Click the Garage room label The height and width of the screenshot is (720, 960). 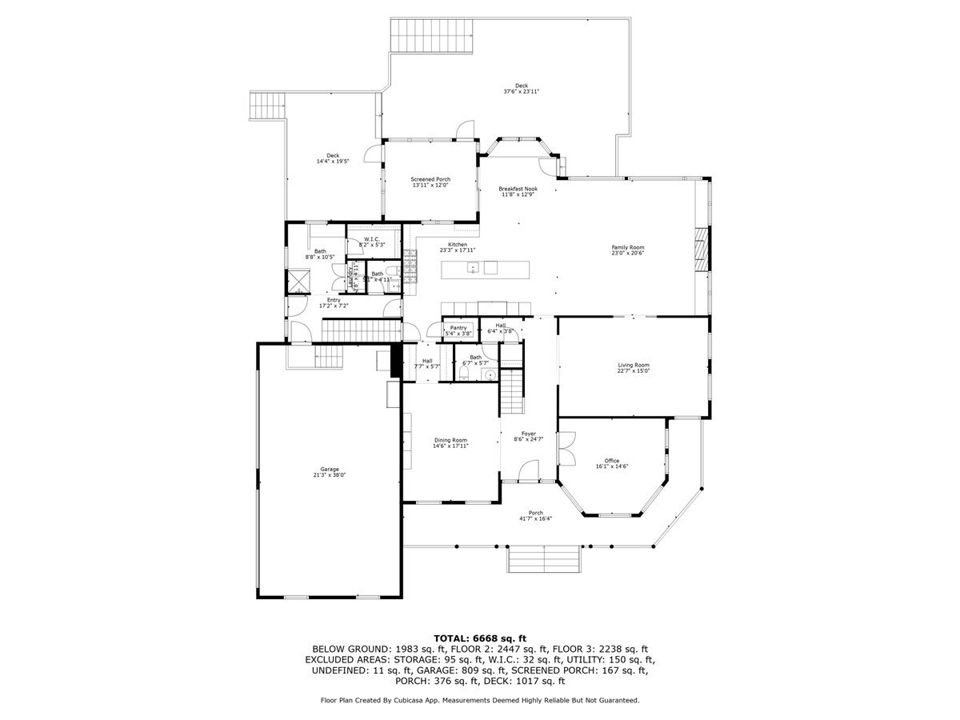point(329,469)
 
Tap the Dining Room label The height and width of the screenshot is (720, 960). point(450,440)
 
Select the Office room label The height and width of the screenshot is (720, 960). point(612,461)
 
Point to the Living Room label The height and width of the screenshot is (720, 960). point(633,365)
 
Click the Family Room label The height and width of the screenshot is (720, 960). point(628,248)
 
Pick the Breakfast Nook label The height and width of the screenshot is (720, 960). point(518,189)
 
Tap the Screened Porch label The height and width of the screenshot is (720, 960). point(430,179)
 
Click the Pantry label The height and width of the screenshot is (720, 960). point(458,328)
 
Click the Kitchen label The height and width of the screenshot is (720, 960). point(458,244)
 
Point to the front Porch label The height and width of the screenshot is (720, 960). point(535,513)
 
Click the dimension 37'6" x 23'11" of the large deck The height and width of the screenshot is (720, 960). point(522,92)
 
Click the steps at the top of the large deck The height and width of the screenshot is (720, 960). point(433,34)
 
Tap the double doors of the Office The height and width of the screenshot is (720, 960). point(566,449)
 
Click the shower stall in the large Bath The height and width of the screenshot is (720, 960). point(298,283)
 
